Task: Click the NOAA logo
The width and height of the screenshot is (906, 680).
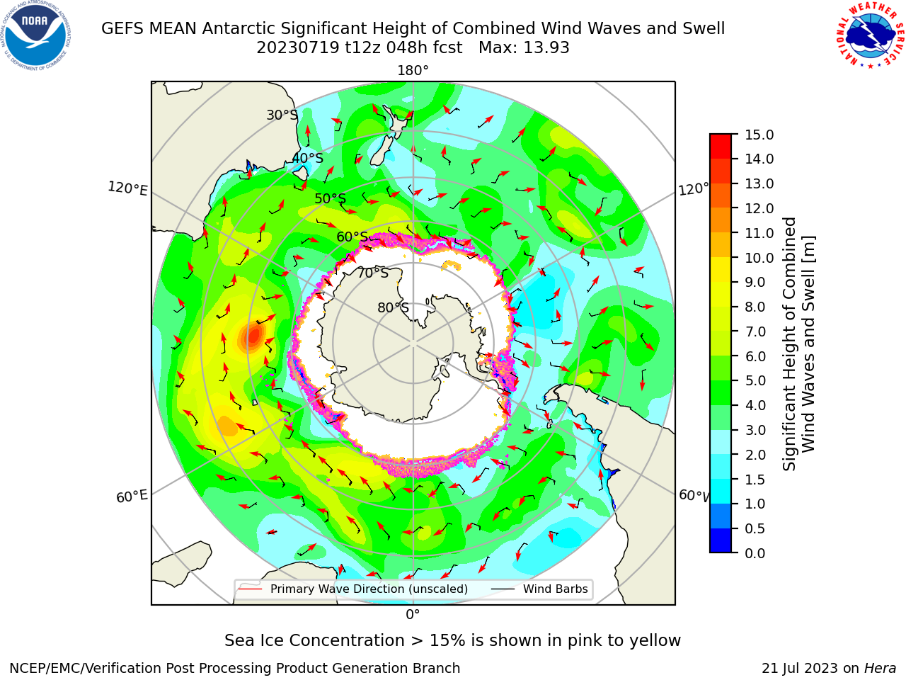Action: click(36, 36)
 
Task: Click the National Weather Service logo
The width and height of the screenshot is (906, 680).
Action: click(870, 35)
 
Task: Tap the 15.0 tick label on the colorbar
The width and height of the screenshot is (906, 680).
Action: click(759, 135)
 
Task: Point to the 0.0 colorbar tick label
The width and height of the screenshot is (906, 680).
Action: click(755, 553)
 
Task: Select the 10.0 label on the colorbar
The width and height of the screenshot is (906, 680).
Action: click(759, 258)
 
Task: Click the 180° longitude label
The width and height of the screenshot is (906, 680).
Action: click(413, 71)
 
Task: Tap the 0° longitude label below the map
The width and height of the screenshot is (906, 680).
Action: click(413, 615)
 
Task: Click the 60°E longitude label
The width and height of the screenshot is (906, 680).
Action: click(132, 496)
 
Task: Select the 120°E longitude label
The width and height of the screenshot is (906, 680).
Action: click(127, 188)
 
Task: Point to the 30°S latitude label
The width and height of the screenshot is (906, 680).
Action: click(282, 115)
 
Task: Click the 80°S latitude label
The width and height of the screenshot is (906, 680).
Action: click(393, 307)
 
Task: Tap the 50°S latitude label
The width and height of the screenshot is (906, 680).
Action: click(331, 198)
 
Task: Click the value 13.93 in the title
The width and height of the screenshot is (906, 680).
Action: click(546, 48)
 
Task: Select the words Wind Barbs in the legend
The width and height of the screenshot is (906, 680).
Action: click(555, 589)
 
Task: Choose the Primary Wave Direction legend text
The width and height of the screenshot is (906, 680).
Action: click(369, 589)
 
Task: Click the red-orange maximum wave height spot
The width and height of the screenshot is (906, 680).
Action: click(253, 335)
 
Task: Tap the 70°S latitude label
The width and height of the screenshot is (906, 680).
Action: click(373, 273)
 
